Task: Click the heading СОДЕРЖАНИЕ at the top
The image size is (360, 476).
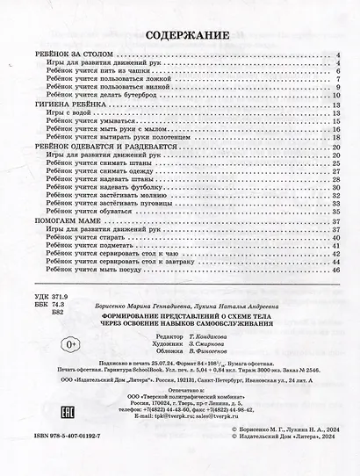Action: tap(179, 37)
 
